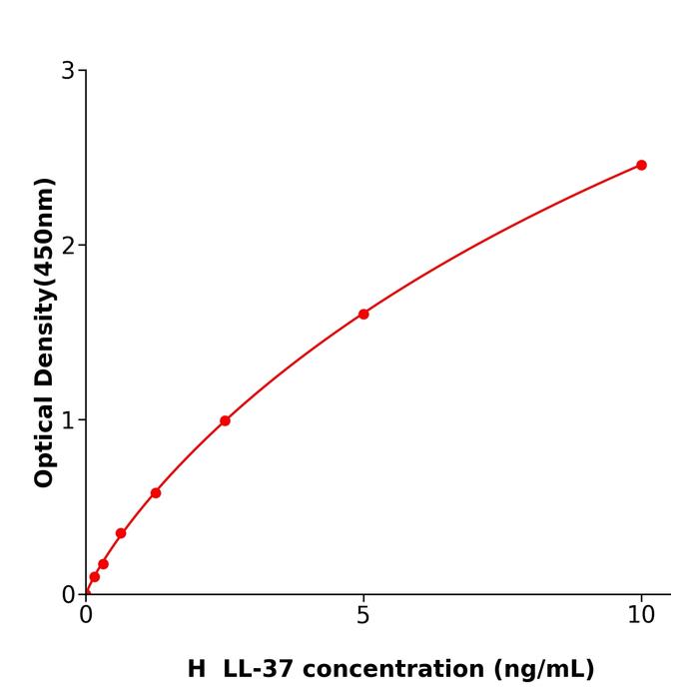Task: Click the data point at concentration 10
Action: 641,165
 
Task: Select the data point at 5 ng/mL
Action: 363,315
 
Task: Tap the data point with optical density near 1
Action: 225,420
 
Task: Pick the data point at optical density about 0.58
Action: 156,493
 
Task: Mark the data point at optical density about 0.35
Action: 121,533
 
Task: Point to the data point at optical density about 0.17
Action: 103,564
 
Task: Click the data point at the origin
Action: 86,593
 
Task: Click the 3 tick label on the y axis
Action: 68,71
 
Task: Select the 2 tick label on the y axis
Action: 68,246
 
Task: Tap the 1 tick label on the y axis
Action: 68,420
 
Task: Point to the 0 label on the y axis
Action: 68,595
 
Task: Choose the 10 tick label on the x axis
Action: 641,616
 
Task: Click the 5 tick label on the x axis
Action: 363,616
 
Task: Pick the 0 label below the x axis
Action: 86,616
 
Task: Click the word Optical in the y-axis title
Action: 44,439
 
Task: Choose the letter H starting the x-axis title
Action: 196,670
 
